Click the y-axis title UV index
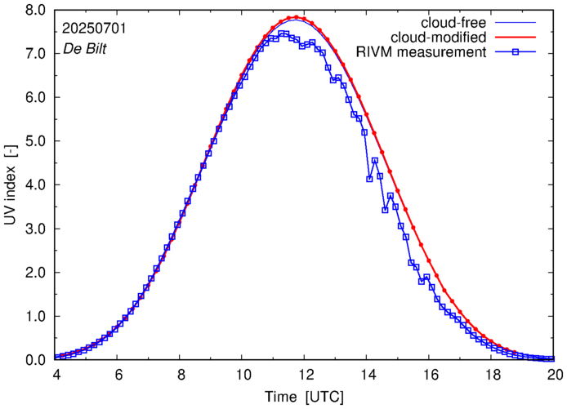click(x=11, y=184)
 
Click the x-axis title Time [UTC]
click(x=304, y=397)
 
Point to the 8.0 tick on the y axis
click(x=38, y=10)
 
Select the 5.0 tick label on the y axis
click(x=38, y=141)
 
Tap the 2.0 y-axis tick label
click(x=38, y=273)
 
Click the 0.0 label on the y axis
click(x=38, y=360)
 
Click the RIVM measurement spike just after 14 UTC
click(x=375, y=160)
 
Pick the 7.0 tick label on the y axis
click(x=38, y=54)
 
